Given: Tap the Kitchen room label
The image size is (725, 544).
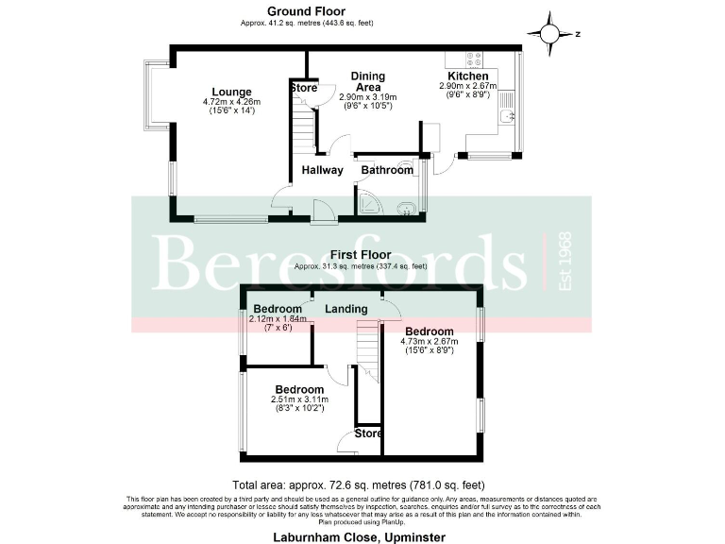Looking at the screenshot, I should tap(467, 76).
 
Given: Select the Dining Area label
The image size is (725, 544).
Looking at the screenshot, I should tap(367, 81).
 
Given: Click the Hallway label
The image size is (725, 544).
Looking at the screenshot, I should tap(321, 170).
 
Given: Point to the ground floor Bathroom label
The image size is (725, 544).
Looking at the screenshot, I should tap(387, 170).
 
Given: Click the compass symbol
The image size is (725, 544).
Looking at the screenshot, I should tap(548, 32).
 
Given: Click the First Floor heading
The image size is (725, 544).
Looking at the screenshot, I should tap(361, 255).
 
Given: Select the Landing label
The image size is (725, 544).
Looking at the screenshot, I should tap(346, 309).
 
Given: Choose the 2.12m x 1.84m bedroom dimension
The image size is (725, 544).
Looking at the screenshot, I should tap(277, 319).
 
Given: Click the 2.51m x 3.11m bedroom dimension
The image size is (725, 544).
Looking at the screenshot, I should tap(299, 400).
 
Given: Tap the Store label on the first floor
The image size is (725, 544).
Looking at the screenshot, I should tap(368, 433).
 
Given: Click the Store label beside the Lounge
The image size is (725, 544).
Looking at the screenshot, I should tap(304, 89).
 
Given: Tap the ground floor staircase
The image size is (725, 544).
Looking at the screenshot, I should tap(300, 127).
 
